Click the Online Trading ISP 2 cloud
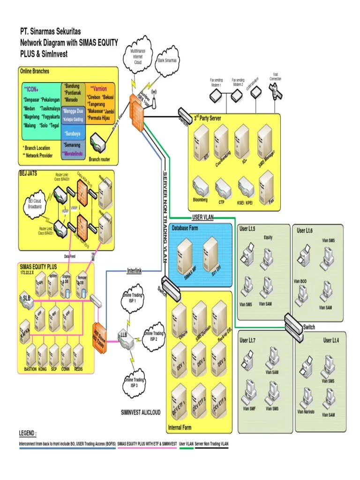(x=154, y=336)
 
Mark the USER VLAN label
(x=204, y=217)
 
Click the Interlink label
(x=134, y=271)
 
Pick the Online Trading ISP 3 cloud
(x=135, y=382)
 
